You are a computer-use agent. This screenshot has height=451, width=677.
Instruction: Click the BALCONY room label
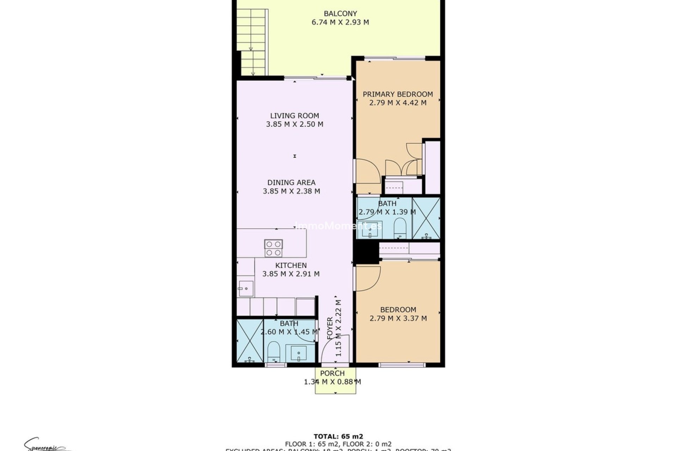(x=340, y=14)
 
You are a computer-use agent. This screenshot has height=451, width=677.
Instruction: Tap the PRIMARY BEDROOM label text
(x=398, y=94)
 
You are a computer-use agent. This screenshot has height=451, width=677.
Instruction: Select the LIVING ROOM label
(x=294, y=116)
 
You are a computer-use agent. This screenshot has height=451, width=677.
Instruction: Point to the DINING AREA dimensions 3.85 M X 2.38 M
(x=291, y=191)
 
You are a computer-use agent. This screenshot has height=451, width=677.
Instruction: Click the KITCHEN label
(x=291, y=265)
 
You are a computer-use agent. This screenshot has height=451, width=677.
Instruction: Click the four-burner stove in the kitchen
(x=274, y=248)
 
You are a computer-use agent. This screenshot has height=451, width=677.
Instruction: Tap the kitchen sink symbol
(x=245, y=289)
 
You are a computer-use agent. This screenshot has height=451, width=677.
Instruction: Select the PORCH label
(x=332, y=373)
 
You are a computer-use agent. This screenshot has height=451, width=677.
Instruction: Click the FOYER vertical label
(x=330, y=328)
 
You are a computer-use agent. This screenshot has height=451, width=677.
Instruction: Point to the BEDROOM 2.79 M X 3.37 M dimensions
(x=398, y=319)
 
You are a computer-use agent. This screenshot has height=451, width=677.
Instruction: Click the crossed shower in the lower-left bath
(x=250, y=341)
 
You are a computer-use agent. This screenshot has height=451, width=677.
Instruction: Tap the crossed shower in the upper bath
(x=426, y=218)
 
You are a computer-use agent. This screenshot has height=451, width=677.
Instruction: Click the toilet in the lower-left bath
(x=273, y=350)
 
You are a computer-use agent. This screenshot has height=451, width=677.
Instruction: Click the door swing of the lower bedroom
(x=368, y=278)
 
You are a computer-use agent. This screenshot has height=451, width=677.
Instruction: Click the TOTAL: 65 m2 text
(x=338, y=437)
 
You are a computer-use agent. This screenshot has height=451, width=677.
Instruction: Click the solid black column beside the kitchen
(x=366, y=252)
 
